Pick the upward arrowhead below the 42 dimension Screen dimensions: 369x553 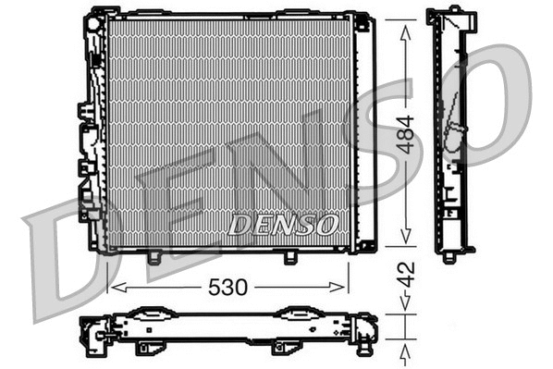(x=404, y=351)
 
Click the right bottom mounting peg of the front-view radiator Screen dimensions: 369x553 (x=289, y=257)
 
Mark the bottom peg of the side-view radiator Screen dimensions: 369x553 (x=450, y=257)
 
